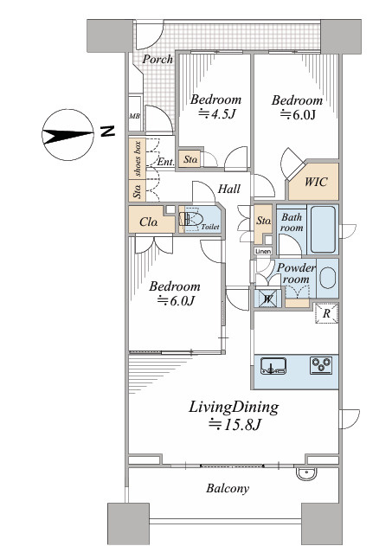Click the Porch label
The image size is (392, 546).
coord(157,59)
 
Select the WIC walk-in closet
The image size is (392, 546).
coord(313,182)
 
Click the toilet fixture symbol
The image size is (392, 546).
coord(190,220)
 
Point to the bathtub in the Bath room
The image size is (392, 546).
coord(323,229)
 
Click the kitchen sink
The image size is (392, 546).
coord(273,366)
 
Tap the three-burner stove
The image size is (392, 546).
coord(321,366)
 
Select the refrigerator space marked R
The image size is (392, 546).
coord(326,313)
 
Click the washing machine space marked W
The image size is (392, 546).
coord(267,299)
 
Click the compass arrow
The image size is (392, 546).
coord(67,135)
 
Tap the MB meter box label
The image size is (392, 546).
coord(135,116)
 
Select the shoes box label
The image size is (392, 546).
coord(138,158)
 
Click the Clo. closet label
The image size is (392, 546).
coord(148,222)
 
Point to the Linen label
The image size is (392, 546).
coord(263,251)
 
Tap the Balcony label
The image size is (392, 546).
coord(228,489)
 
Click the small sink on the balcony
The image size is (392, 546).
coord(306,474)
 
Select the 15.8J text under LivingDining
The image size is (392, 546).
coord(235,424)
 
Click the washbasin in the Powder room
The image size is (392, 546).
coord(328,278)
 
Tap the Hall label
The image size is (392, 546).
coord(229,189)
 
